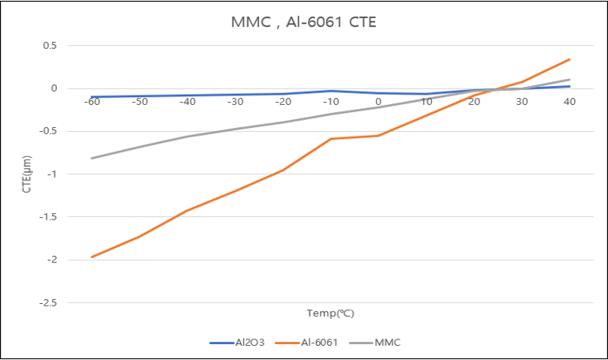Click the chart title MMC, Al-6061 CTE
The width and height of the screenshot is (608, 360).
coord(304,22)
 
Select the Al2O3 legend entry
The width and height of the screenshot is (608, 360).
coord(237,343)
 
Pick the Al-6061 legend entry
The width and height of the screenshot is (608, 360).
coord(306,343)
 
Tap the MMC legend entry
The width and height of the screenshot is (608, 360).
coord(375,343)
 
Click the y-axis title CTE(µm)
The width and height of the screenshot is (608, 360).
coord(26,174)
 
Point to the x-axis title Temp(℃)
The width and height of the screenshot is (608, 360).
coord(330,313)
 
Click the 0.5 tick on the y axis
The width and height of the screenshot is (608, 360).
coord(50,45)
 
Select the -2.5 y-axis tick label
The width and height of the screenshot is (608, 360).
coord(48,302)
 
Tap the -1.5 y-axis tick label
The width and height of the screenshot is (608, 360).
coord(48,217)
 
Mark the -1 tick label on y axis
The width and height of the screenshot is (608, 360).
coord(52,174)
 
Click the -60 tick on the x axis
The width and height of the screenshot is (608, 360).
coord(92,102)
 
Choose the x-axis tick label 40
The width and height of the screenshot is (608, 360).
coord(569,102)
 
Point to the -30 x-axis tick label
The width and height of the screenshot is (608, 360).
coord(235,102)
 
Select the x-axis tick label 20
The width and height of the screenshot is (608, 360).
coord(474,102)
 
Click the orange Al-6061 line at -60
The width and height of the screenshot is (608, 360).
coord(92,257)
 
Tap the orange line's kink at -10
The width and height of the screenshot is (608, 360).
coord(331,138)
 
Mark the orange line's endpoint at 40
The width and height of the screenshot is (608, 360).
coord(569,59)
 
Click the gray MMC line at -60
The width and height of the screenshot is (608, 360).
coord(92,158)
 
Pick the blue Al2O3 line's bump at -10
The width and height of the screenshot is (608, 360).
coord(331,91)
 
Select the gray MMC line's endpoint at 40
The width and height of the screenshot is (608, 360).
coord(569,80)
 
